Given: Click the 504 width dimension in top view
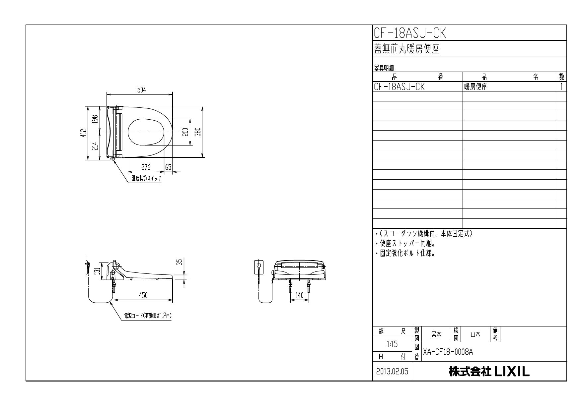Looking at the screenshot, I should tap(142, 90).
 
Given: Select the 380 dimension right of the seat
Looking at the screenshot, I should tap(198, 132).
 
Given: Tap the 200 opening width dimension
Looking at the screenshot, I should tap(186, 132).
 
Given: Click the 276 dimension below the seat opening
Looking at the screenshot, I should tap(146, 167).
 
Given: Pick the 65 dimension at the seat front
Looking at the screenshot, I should tap(168, 167).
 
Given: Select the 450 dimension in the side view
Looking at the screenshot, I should tap(143, 295).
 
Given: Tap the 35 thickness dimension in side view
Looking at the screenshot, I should tap(180, 262).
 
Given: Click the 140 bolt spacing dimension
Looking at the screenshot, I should tap(299, 295).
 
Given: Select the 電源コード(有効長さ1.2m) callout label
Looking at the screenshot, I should tap(148, 316).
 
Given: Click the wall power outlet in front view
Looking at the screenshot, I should tap(259, 267).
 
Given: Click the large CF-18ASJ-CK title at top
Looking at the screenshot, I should tap(410, 33).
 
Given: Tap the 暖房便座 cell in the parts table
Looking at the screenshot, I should tap(475, 87).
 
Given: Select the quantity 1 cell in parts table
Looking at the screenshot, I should tap(561, 87).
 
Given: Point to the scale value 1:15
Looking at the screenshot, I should tap(392, 344).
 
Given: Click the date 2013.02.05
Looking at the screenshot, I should tap(392, 372).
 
